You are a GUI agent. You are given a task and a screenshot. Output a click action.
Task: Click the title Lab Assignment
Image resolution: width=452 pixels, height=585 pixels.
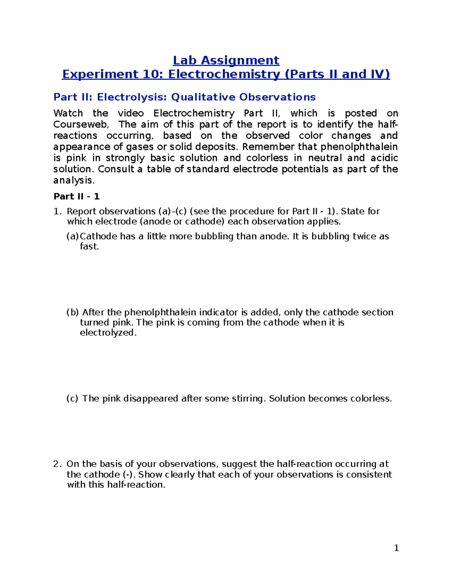tap(226, 60)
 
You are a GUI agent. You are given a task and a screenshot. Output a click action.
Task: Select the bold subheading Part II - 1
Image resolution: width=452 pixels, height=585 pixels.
tap(76, 196)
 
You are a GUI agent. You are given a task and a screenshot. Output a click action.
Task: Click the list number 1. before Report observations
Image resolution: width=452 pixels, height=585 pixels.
tap(57, 211)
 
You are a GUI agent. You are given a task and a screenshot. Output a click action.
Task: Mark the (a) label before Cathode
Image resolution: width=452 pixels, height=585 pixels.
tap(73, 237)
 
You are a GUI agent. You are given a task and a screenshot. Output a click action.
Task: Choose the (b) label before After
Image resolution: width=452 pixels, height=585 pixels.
tap(73, 312)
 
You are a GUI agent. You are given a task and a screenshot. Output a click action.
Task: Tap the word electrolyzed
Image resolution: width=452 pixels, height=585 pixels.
tap(108, 333)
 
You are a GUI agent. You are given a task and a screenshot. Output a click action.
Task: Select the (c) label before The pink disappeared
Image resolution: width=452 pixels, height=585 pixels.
tap(72, 399)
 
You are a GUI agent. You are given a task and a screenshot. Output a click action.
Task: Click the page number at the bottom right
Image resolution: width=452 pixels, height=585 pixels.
tap(396, 548)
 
